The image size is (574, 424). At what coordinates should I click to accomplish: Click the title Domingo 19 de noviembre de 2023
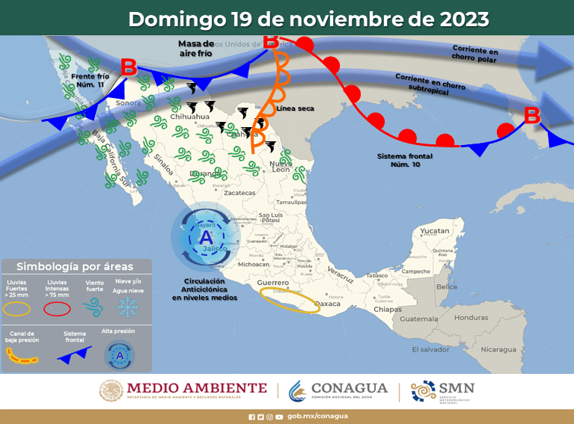[x=309, y=19]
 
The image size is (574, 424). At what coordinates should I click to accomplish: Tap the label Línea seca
[x=295, y=109]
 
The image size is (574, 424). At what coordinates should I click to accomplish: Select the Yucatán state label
[x=434, y=231]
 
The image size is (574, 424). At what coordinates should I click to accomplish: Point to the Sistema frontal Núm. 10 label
[x=403, y=159]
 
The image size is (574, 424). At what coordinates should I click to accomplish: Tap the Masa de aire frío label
[x=197, y=49]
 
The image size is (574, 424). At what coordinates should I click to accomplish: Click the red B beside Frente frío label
[x=128, y=67]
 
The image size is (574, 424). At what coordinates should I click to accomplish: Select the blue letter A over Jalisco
[x=205, y=238]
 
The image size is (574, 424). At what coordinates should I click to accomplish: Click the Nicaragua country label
[x=498, y=349]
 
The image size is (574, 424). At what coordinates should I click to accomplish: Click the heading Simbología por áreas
[x=75, y=266]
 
